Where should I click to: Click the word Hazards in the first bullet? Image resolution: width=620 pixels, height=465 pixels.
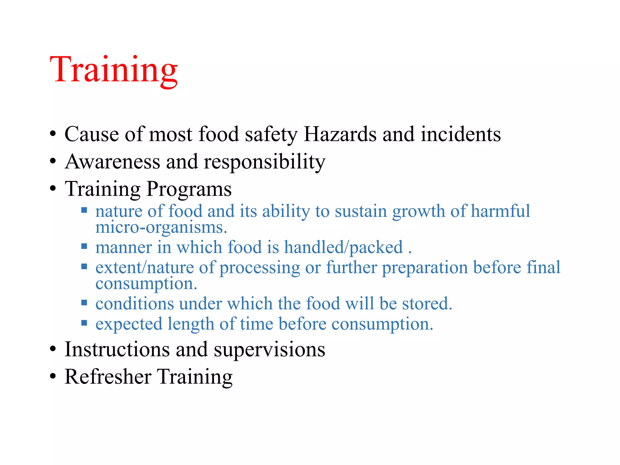pos(340,134)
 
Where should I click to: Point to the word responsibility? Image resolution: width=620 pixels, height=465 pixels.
pos(265,162)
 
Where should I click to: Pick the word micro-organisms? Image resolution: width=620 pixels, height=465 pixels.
pos(161,228)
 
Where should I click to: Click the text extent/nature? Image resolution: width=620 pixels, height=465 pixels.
pos(144,268)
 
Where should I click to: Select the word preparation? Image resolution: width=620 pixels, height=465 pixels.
pos(425,268)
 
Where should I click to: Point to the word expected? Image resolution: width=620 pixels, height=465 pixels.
pos(129,324)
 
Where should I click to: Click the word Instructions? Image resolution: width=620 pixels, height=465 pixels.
pos(117,349)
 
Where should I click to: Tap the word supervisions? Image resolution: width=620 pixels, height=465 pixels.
pos(269,350)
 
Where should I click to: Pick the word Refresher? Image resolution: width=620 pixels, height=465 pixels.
pos(108,377)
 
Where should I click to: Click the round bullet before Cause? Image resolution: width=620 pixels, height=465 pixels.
pos(53,134)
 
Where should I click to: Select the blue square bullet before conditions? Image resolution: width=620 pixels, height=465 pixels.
pos(84,302)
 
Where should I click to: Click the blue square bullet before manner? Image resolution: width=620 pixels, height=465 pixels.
pos(84,246)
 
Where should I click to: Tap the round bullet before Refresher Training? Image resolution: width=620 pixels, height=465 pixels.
pos(53,376)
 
